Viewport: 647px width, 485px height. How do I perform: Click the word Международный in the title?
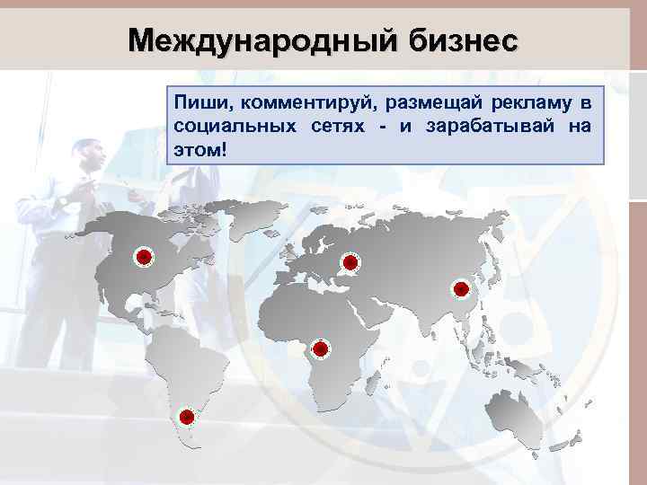click(x=261, y=40)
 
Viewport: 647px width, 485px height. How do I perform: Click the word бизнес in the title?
click(x=464, y=40)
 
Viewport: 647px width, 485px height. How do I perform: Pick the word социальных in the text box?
click(x=235, y=127)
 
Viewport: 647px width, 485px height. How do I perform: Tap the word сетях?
click(x=338, y=127)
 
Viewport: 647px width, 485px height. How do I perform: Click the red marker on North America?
click(x=143, y=258)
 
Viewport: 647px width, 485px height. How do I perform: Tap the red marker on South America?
click(x=187, y=417)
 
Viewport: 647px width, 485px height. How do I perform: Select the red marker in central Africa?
click(x=320, y=348)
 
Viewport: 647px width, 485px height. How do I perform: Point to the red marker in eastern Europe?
click(x=350, y=262)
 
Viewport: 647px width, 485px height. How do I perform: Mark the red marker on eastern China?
click(x=460, y=288)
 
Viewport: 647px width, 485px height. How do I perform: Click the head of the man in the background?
click(x=89, y=158)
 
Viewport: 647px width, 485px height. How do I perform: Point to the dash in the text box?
click(x=383, y=128)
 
